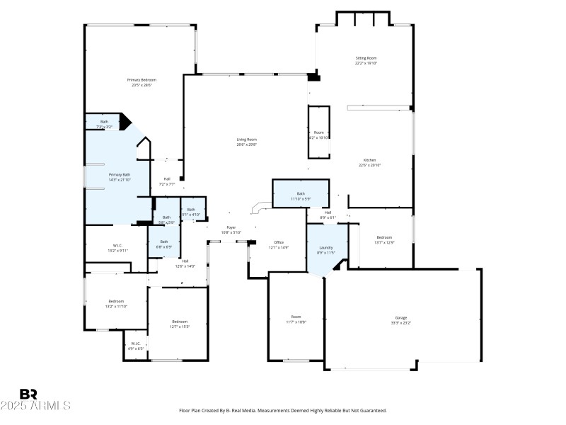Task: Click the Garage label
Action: (x=400, y=319)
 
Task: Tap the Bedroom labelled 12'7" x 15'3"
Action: (x=179, y=324)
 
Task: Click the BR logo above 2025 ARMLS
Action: (x=28, y=395)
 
